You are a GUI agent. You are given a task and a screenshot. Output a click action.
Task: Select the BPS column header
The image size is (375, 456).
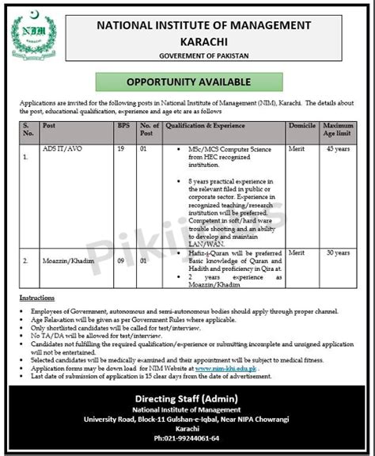coord(123,125)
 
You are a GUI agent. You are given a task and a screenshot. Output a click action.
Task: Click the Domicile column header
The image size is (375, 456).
coord(304,125)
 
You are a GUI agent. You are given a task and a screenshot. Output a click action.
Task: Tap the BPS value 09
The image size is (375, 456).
coord(123,259)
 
